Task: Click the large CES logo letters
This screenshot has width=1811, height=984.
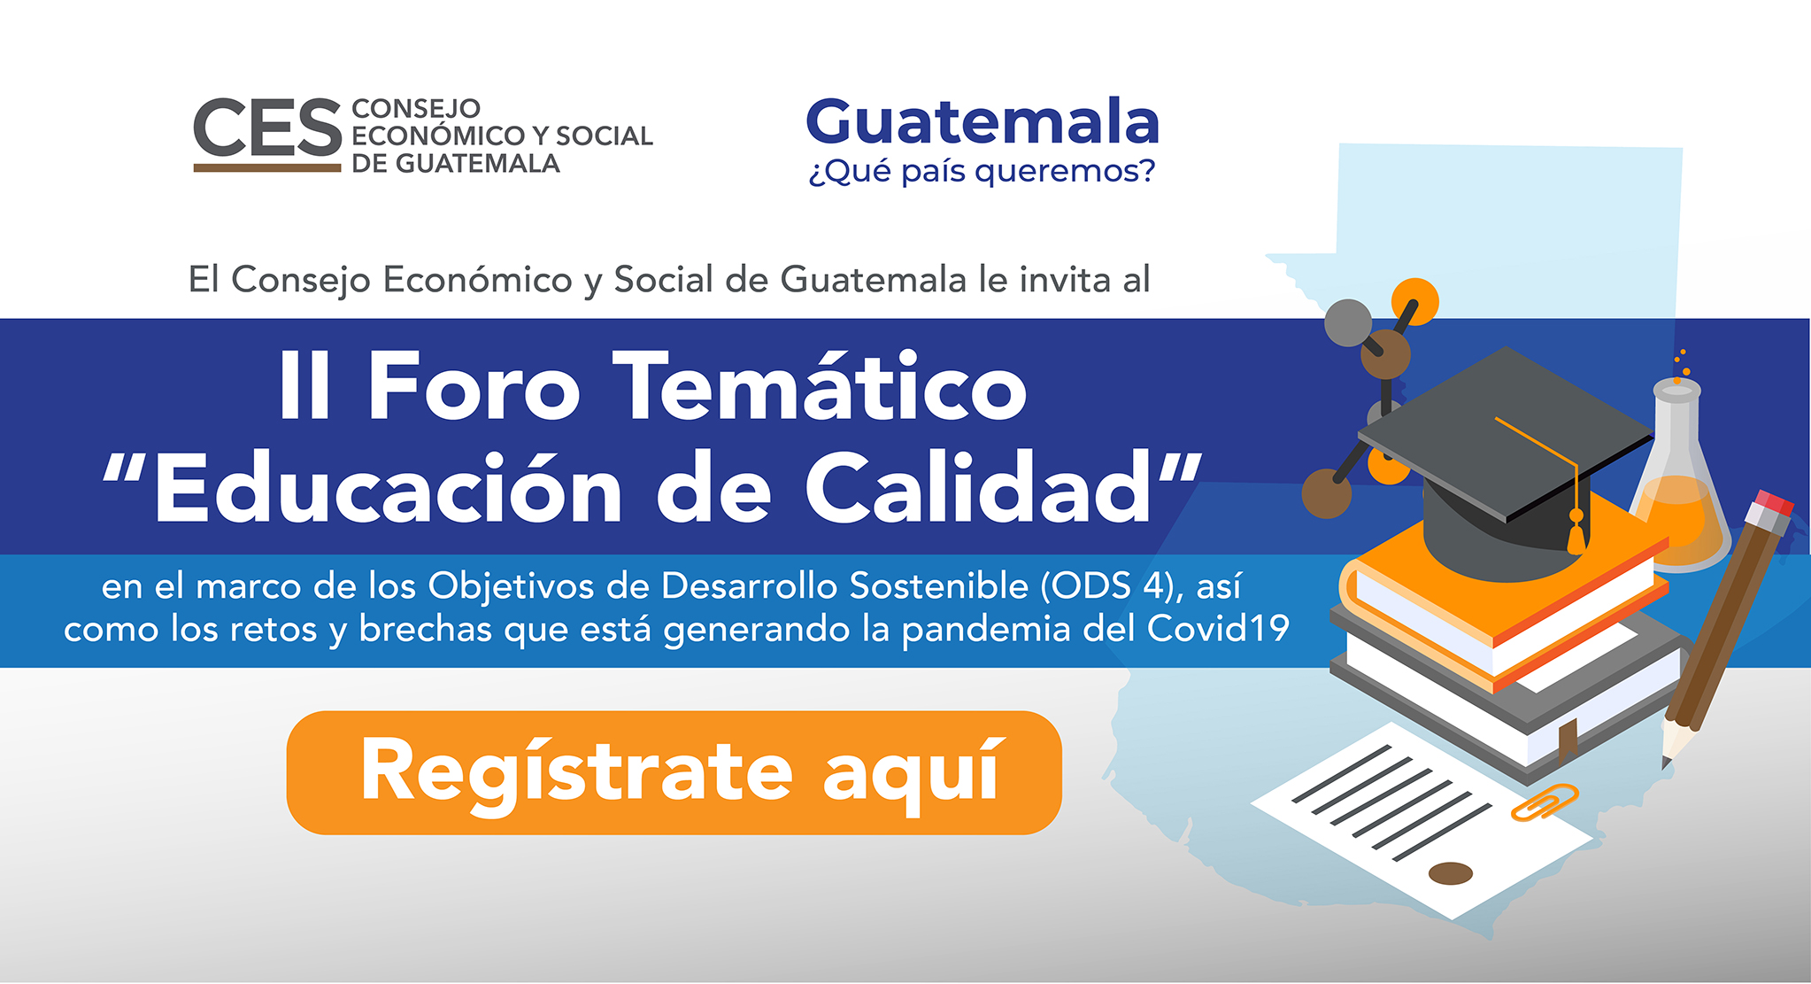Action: click(267, 128)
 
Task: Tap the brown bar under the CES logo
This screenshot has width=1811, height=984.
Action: click(267, 167)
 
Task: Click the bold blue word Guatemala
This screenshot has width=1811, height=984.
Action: click(983, 121)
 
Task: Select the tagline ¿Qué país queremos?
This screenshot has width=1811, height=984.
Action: click(983, 171)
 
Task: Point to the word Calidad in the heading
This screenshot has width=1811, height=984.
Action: click(979, 488)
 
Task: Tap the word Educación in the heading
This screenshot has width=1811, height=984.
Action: click(389, 488)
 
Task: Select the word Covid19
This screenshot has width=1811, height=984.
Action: click(1218, 628)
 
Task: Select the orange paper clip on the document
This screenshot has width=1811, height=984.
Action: click(1545, 802)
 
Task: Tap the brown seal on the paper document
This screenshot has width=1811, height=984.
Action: click(1451, 873)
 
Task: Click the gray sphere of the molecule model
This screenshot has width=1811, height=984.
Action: click(1347, 322)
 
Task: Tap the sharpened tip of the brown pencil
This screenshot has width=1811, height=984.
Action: click(1667, 762)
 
